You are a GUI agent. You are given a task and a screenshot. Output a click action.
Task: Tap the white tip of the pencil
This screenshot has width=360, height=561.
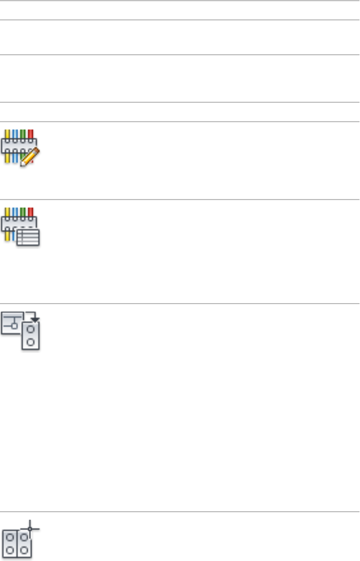22,163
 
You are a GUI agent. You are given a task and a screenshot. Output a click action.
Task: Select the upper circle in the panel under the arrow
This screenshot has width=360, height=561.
31,330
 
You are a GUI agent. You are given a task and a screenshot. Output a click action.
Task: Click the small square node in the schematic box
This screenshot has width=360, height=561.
14,326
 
